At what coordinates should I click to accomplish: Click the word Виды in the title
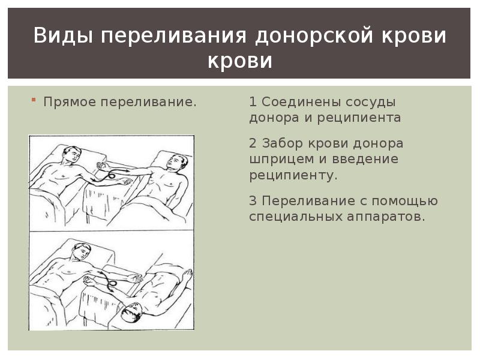coord(63,35)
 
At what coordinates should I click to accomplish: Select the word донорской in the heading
coord(314,35)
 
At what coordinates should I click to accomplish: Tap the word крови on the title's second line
coord(239,61)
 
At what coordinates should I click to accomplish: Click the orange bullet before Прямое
coord(34,100)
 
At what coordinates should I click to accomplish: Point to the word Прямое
coord(70,102)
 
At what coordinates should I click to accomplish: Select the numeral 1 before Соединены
coord(253,101)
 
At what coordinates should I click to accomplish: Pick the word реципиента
coord(359,118)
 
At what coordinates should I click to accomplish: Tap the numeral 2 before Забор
coord(253,143)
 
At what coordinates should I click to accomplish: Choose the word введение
coord(365,159)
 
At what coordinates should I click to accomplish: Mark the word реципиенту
coord(293,175)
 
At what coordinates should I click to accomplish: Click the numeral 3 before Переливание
coord(253,201)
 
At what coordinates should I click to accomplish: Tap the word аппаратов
coord(386,217)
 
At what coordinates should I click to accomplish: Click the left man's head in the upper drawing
coord(72,154)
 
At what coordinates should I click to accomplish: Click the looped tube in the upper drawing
coord(110,175)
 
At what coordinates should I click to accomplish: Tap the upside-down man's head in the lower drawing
coord(131,311)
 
